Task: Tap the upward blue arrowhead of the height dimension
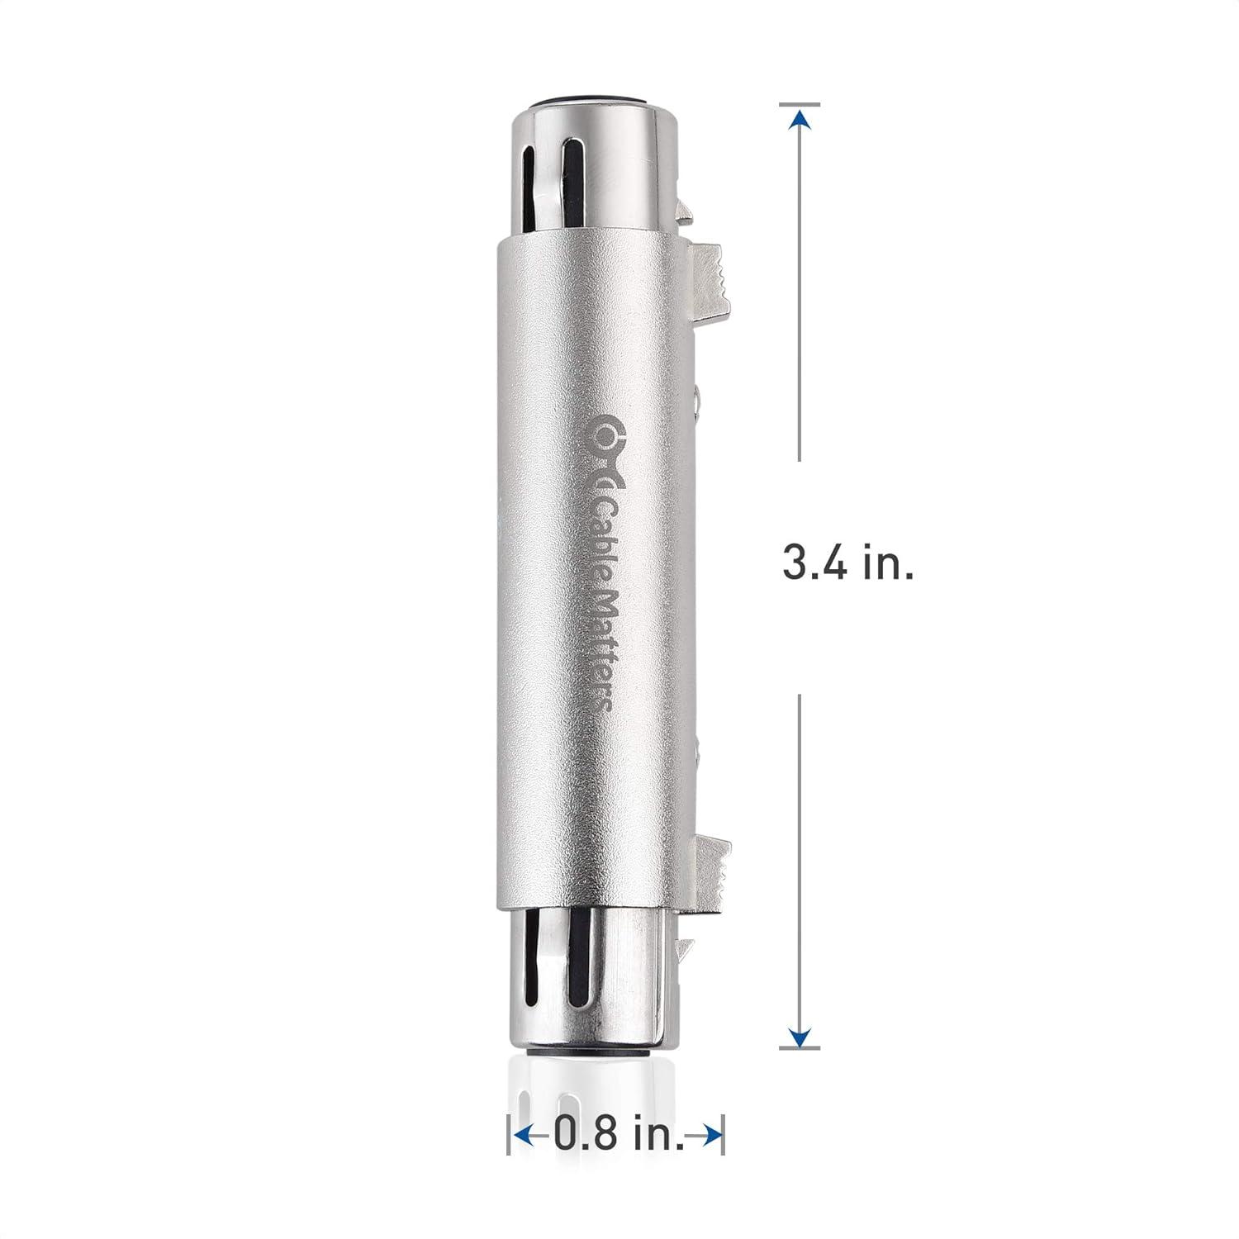click(800, 121)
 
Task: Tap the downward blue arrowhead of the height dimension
click(800, 1035)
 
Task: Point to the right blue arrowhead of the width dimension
click(710, 1136)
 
